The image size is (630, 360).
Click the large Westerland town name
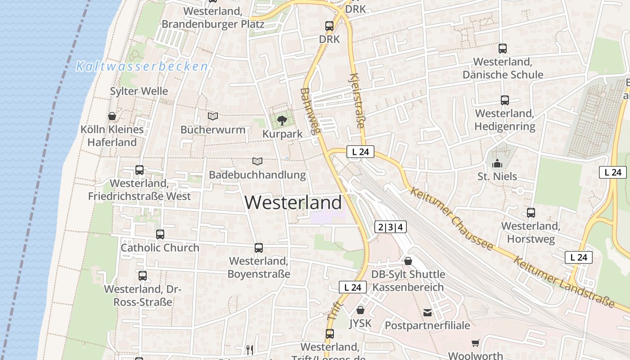pos(293,203)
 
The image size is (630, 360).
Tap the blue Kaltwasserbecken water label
pos(142,67)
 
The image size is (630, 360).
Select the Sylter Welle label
pos(139,91)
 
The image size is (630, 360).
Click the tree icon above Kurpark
pos(282,120)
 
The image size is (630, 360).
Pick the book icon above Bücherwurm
pos(213,117)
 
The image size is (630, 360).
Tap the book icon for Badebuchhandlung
pos(257,161)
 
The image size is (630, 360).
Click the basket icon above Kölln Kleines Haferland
pos(112,117)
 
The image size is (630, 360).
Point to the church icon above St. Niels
pos(497,163)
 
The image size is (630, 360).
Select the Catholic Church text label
pos(160,247)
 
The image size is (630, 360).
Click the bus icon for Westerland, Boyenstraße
pos(259,247)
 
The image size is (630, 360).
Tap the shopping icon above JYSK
pos(360,310)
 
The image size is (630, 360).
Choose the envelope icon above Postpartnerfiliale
pos(427,312)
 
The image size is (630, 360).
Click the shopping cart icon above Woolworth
pos(476,343)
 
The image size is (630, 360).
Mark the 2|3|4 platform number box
pos(391,227)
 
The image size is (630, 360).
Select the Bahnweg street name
pos(310,111)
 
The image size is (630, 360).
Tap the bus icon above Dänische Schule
pos(503,49)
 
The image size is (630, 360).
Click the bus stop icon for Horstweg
pos(531,213)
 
